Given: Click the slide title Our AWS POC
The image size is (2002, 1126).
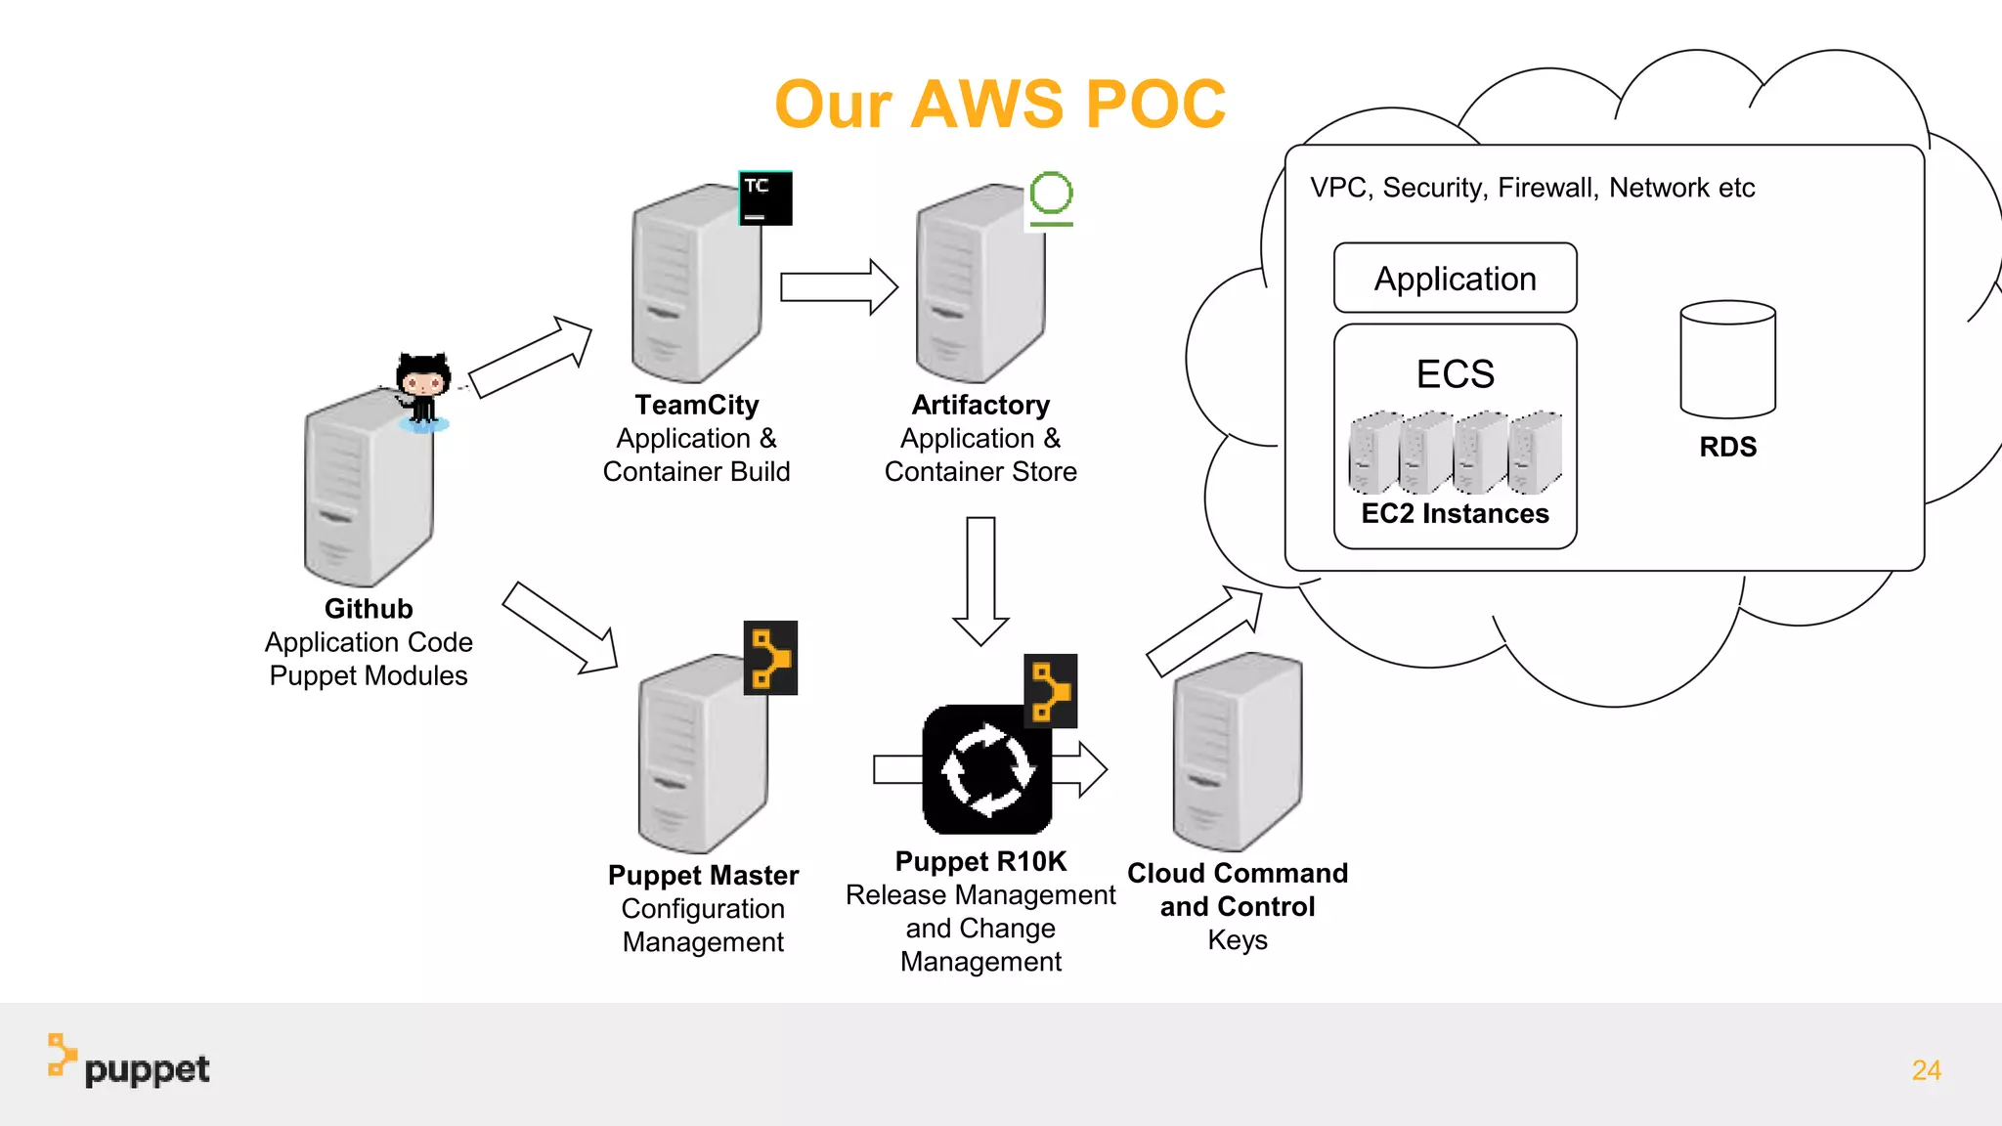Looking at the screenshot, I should pos(999,104).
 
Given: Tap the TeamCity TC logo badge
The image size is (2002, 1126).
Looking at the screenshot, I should pos(764,198).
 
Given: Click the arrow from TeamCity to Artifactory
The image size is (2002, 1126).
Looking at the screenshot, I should pos(839,287).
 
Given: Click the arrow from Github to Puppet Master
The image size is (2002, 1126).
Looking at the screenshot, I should pos(560,628).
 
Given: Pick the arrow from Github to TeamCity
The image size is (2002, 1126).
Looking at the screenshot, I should pos(531,358).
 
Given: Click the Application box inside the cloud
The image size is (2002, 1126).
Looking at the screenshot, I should pos(1455,279).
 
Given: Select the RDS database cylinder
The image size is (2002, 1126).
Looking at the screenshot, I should pos(1727,359).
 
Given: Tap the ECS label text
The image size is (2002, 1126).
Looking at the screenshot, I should pos(1455,374).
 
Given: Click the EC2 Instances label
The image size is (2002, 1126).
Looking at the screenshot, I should pos(1455,513).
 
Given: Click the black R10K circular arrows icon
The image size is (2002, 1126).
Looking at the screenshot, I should pos(986,769).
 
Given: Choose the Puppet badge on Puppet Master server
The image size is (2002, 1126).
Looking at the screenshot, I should pos(770,658).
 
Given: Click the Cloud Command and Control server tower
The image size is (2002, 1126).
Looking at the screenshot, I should pos(1238,751).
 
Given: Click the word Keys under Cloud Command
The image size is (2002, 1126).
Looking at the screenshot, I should pos(1238,940).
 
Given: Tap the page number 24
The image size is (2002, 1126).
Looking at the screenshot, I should pos(1926,1070).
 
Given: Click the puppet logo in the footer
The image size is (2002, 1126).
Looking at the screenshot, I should pos(129,1062).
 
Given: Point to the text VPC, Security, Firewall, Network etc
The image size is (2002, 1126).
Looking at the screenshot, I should pos(1532,188).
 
